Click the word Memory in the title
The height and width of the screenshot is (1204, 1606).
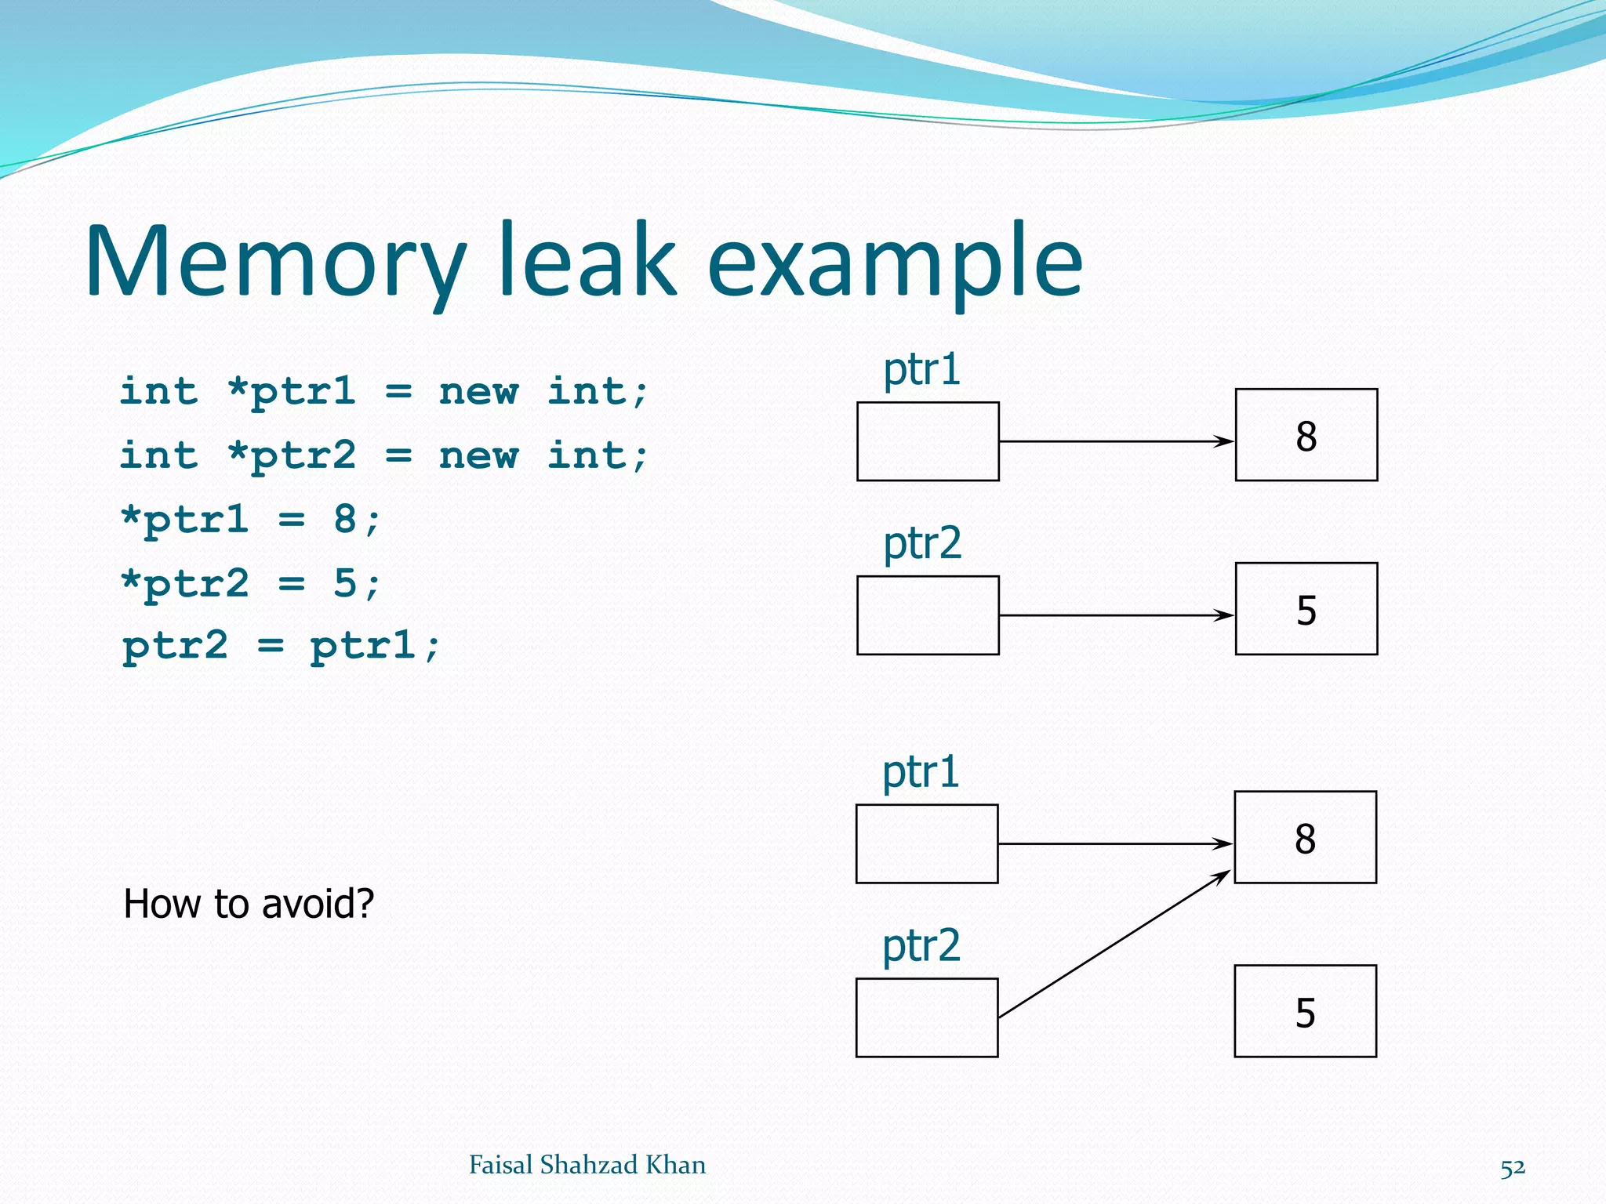pyautogui.click(x=274, y=263)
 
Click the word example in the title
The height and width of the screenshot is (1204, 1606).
pyautogui.click(x=894, y=263)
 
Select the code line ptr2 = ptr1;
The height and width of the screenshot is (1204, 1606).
pyautogui.click(x=281, y=647)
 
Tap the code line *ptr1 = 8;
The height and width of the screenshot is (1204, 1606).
pyautogui.click(x=251, y=520)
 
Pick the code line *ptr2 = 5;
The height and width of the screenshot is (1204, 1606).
pyautogui.click(x=251, y=584)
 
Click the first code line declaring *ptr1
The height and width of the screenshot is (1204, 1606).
pyautogui.click(x=384, y=391)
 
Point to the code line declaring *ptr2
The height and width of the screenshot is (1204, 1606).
pyautogui.click(x=384, y=455)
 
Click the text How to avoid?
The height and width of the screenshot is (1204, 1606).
pyautogui.click(x=249, y=904)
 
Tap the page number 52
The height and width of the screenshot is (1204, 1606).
pyautogui.click(x=1513, y=1167)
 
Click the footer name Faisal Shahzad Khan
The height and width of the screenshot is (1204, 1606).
pyautogui.click(x=587, y=1165)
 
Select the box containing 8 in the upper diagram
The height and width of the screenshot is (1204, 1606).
pyautogui.click(x=1306, y=435)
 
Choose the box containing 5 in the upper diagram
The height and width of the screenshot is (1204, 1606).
pyautogui.click(x=1306, y=609)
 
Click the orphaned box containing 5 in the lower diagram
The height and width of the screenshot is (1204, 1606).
pyautogui.click(x=1305, y=1011)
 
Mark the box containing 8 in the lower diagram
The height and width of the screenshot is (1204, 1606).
pyautogui.click(x=1305, y=837)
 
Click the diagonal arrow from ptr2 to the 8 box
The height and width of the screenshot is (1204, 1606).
pyautogui.click(x=1114, y=944)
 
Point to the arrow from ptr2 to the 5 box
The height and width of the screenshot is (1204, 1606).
pyautogui.click(x=1114, y=615)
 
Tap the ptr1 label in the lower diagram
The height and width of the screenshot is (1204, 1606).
pyautogui.click(x=921, y=772)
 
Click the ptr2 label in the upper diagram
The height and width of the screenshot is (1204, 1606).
pyautogui.click(x=922, y=543)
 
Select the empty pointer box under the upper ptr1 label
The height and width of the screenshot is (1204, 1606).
pyautogui.click(x=928, y=441)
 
